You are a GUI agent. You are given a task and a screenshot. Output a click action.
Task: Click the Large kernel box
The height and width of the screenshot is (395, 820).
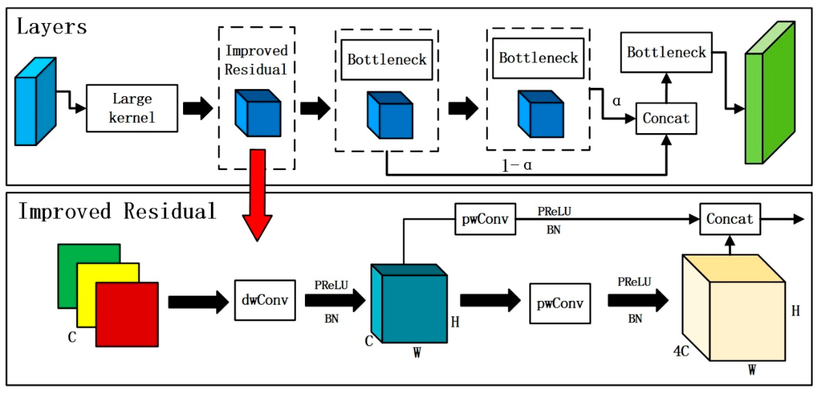(x=132, y=108)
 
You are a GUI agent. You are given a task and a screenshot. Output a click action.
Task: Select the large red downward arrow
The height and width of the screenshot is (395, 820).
(x=257, y=194)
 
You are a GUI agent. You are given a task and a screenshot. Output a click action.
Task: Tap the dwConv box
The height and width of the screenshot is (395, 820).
(x=265, y=300)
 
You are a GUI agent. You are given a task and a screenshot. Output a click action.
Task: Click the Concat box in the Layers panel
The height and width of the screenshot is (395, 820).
(x=666, y=118)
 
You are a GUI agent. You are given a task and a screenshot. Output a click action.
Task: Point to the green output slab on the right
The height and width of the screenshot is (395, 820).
(x=770, y=95)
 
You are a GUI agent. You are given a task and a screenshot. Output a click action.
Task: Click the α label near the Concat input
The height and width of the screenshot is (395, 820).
(x=616, y=101)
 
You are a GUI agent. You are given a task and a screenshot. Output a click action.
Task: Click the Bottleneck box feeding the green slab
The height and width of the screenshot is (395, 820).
(x=666, y=53)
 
